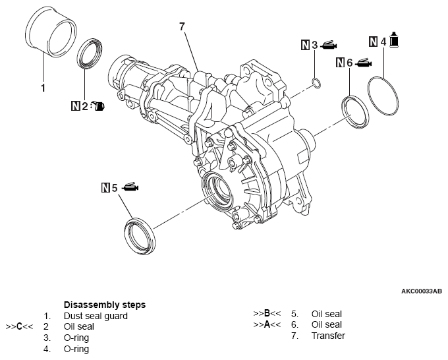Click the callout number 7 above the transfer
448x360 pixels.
click(182, 26)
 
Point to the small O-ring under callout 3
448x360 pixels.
click(316, 83)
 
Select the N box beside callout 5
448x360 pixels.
click(105, 188)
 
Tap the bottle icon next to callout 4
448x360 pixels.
click(394, 40)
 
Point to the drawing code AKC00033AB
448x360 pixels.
click(421, 290)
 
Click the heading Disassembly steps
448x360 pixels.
click(104, 305)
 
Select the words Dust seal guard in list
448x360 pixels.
click(96, 316)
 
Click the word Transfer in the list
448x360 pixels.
click(328, 336)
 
